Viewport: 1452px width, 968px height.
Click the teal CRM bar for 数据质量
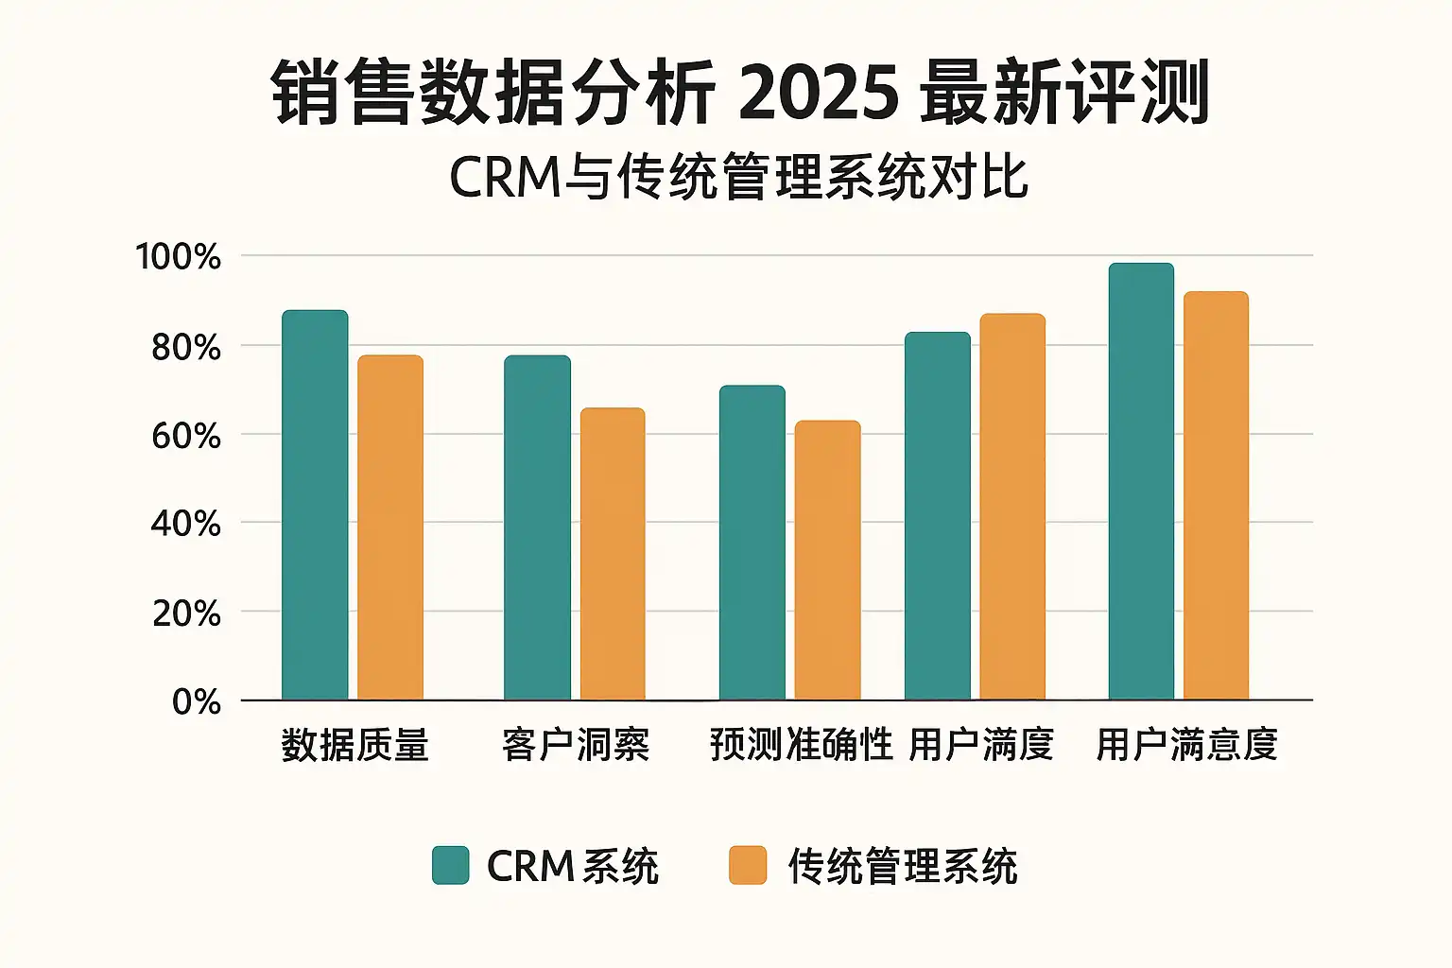[315, 506]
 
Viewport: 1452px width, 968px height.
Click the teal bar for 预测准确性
[752, 543]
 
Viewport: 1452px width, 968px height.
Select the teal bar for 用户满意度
[1141, 481]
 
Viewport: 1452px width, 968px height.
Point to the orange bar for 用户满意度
[1216, 495]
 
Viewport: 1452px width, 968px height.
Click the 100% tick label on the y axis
[179, 257]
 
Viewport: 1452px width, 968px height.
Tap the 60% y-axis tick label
[186, 436]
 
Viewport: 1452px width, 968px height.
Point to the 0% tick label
[197, 702]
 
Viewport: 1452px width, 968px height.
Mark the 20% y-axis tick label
[186, 614]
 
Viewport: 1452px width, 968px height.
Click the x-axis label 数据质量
[355, 745]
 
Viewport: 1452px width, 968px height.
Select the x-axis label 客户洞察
[576, 745]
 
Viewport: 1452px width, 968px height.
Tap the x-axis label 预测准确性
[801, 745]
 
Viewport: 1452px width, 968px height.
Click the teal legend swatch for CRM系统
[450, 865]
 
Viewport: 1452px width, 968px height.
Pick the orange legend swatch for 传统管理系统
[748, 865]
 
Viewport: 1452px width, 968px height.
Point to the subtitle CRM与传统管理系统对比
[738, 177]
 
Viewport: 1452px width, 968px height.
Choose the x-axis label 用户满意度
[1186, 745]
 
